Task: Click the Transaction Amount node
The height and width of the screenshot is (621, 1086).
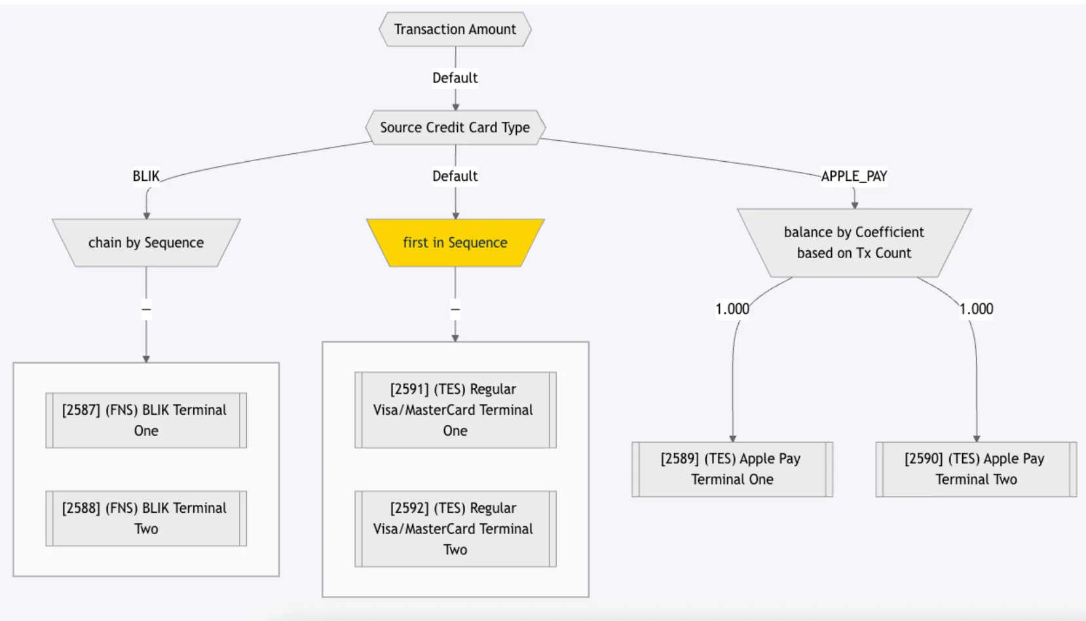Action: pyautogui.click(x=455, y=29)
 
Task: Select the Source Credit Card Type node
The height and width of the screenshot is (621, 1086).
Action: pyautogui.click(x=455, y=127)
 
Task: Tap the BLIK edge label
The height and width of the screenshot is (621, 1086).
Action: pyautogui.click(x=146, y=176)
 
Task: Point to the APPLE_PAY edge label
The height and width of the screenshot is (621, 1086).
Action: pyautogui.click(x=854, y=176)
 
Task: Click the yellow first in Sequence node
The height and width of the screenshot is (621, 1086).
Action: pyautogui.click(x=455, y=242)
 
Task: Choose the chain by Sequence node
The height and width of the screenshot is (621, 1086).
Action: pyautogui.click(x=146, y=242)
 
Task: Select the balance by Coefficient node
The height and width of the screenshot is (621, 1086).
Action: pyautogui.click(x=854, y=242)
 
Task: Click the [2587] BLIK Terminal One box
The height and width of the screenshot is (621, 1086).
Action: pyautogui.click(x=146, y=420)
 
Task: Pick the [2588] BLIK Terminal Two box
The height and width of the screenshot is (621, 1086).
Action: pyautogui.click(x=146, y=518)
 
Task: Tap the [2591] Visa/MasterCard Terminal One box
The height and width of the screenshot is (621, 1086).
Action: pyautogui.click(x=455, y=409)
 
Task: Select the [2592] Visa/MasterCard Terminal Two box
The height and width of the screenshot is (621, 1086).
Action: pyautogui.click(x=455, y=529)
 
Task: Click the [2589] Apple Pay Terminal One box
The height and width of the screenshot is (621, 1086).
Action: pyautogui.click(x=732, y=469)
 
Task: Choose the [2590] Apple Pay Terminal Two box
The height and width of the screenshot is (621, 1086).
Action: pyautogui.click(x=976, y=469)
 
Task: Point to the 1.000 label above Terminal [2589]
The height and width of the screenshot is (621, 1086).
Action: pyautogui.click(x=732, y=309)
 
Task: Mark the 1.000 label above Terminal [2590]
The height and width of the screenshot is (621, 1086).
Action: pyautogui.click(x=976, y=309)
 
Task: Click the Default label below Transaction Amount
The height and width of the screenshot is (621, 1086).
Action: pyautogui.click(x=455, y=78)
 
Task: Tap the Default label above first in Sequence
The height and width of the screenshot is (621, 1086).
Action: pyautogui.click(x=455, y=176)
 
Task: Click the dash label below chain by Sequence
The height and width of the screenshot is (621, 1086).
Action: pyautogui.click(x=146, y=309)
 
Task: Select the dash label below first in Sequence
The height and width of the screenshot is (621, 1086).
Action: pyautogui.click(x=455, y=309)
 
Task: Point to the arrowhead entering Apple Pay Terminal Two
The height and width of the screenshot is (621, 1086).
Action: pyautogui.click(x=977, y=438)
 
